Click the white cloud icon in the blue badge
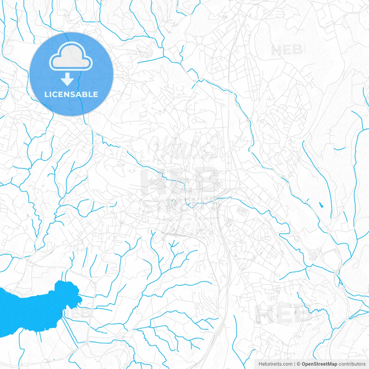[71, 57]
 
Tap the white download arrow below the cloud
[67, 79]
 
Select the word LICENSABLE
[71, 95]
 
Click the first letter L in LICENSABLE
[46, 95]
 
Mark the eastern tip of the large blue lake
[82, 300]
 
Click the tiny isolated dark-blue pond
[321, 205]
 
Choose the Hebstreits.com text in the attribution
[275, 364]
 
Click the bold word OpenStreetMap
[319, 364]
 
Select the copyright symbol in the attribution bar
[299, 364]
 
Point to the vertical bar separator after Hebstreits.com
[295, 364]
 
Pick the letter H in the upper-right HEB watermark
[276, 50]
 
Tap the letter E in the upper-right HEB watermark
[287, 50]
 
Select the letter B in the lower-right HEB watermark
[303, 314]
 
